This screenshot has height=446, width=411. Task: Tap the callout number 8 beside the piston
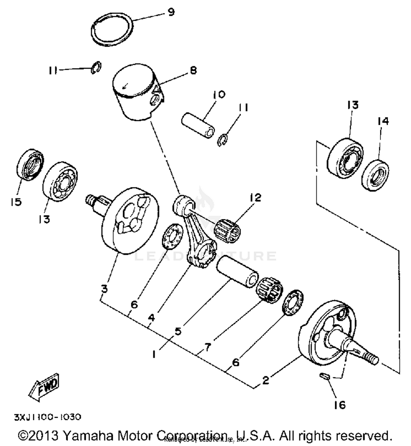[193, 71]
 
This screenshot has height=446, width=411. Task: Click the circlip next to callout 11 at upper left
[96, 67]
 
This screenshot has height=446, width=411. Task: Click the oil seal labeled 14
[375, 175]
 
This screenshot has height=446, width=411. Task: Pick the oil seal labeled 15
[30, 164]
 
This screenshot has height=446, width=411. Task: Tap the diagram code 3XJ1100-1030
[48, 417]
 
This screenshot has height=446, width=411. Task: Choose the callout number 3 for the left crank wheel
[104, 289]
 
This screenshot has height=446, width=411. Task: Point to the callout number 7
[207, 347]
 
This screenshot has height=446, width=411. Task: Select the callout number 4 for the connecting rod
[151, 318]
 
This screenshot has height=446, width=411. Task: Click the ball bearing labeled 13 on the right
[345, 159]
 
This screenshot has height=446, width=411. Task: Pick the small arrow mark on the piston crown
[125, 86]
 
